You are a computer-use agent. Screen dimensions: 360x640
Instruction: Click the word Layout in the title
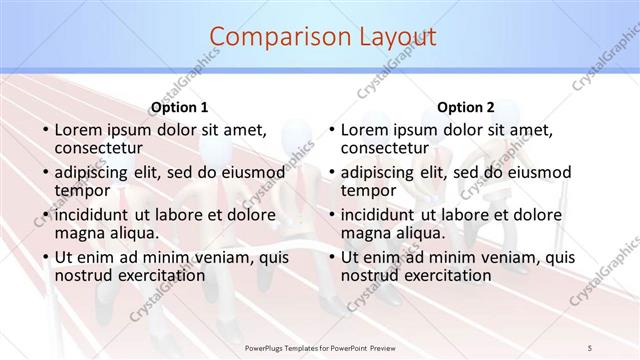[x=384, y=37]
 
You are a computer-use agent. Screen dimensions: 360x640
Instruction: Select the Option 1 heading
[x=179, y=107]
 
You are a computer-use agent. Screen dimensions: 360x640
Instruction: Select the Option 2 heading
[x=465, y=107]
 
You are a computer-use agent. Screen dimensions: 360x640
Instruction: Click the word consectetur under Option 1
[x=99, y=148]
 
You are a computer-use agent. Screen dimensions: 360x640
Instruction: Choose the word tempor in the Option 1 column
[x=81, y=190]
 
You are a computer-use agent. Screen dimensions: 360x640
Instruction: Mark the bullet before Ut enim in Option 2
[x=332, y=257]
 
